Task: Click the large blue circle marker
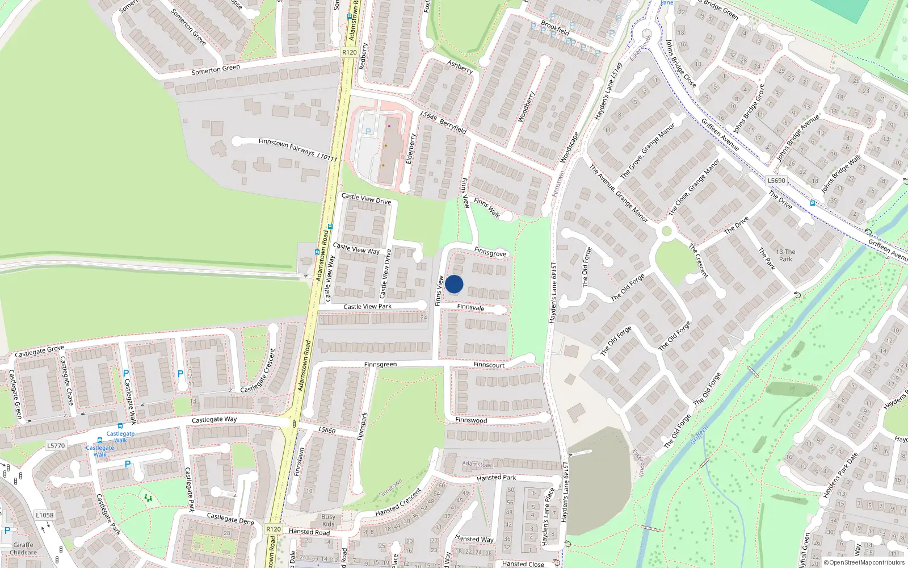click(x=454, y=284)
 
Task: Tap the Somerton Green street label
click(x=216, y=70)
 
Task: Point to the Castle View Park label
click(x=367, y=307)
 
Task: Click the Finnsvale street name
click(x=470, y=307)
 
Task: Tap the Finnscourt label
click(x=489, y=365)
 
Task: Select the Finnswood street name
click(x=471, y=420)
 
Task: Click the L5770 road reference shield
click(x=56, y=446)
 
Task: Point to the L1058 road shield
click(x=44, y=515)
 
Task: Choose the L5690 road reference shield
click(x=776, y=181)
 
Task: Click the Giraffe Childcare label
click(x=23, y=549)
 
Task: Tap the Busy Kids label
click(x=328, y=520)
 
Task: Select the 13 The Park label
click(x=785, y=256)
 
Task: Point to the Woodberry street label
click(x=526, y=107)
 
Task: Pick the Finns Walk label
click(x=486, y=208)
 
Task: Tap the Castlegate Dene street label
click(x=230, y=519)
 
